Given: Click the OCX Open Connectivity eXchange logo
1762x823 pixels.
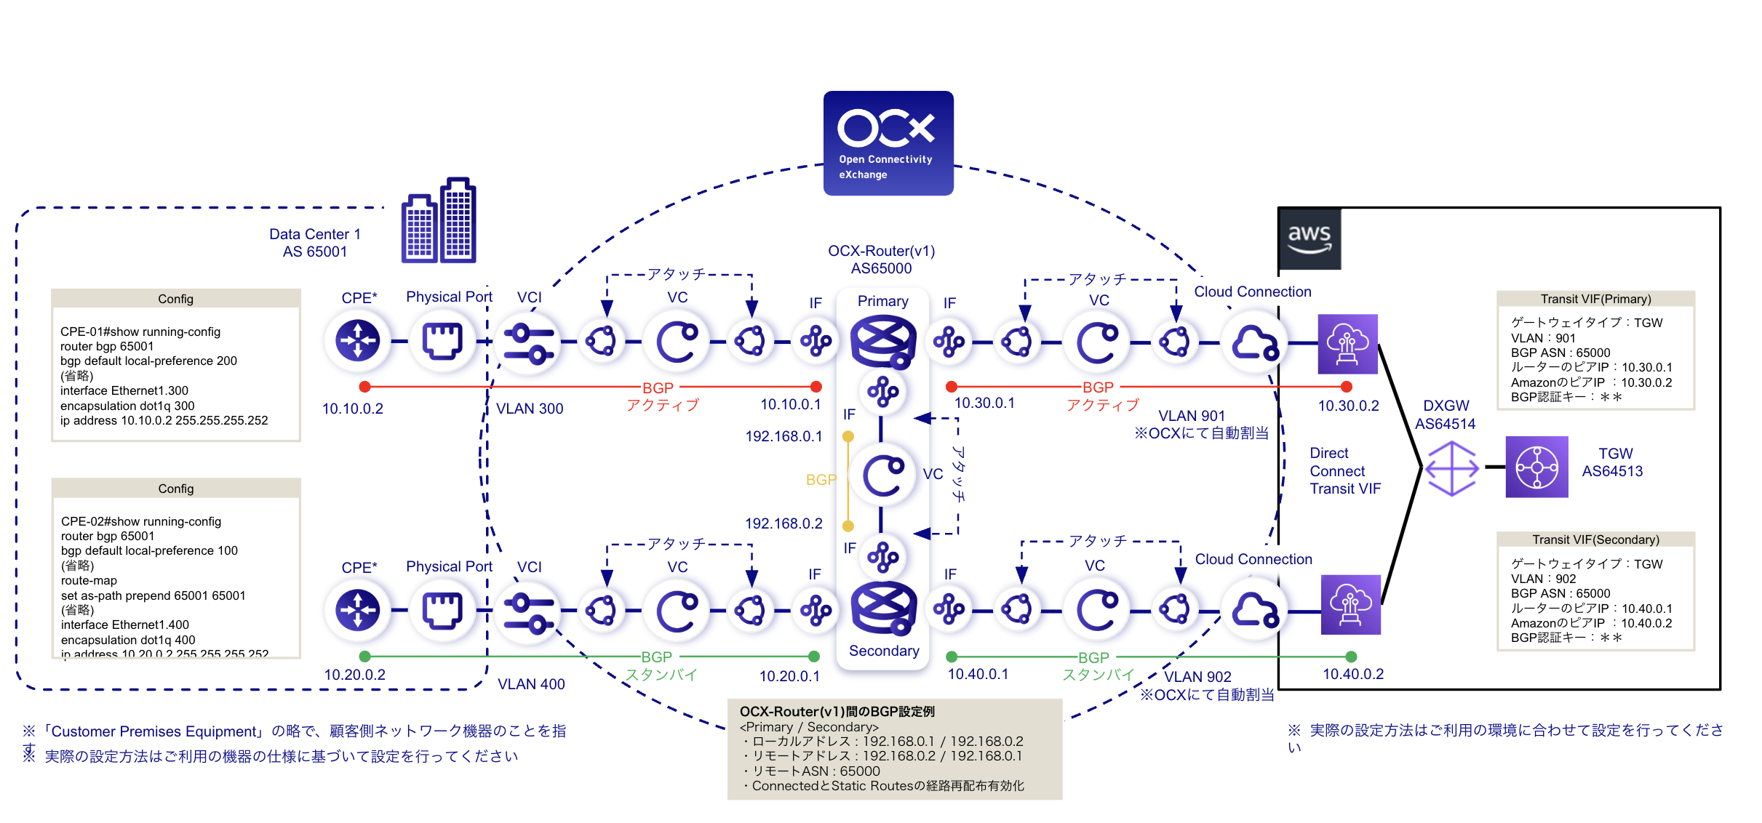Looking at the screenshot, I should click(x=888, y=143).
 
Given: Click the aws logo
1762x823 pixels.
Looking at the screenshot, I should click(x=1309, y=238).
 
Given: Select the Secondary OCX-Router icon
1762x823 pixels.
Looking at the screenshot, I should click(x=882, y=608).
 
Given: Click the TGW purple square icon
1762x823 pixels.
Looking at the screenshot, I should click(x=1536, y=467).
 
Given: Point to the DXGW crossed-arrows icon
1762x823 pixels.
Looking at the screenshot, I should click(x=1451, y=468).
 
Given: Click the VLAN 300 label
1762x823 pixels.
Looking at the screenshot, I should click(x=529, y=409).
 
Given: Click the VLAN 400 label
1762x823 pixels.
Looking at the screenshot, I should click(x=530, y=684).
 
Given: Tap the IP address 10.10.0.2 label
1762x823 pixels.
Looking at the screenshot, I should click(x=352, y=409).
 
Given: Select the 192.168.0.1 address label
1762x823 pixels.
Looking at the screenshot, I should click(x=783, y=436).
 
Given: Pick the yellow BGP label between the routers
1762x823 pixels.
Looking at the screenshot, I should click(x=821, y=480).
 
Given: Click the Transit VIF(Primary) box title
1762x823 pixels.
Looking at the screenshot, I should click(x=1595, y=299).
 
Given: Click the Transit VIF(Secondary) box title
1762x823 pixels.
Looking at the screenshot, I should click(x=1595, y=539).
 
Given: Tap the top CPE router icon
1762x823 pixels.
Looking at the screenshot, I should click(x=357, y=340).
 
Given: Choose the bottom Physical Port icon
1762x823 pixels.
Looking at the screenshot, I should click(x=442, y=609).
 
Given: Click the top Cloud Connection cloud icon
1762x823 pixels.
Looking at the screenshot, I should click(x=1253, y=342).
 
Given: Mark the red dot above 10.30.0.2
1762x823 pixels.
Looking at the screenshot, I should click(x=1346, y=387).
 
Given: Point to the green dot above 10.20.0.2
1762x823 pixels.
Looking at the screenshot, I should click(x=364, y=657).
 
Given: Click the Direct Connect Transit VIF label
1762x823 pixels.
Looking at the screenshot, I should click(x=1344, y=471).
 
